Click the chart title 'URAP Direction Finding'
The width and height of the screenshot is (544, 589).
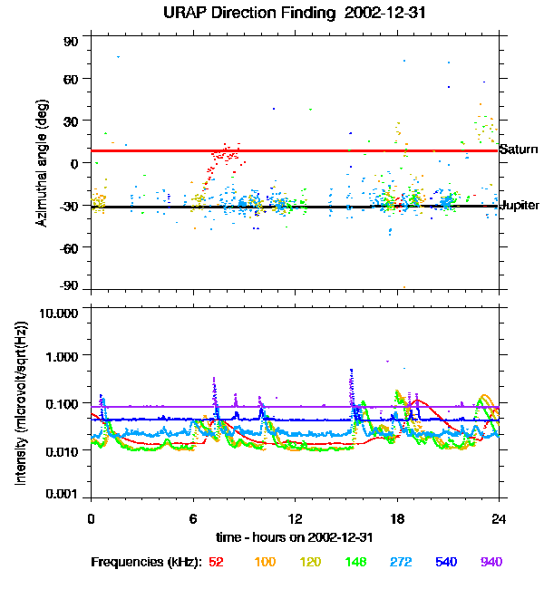pyautogui.click(x=238, y=14)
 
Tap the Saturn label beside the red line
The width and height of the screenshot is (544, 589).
pyautogui.click(x=519, y=150)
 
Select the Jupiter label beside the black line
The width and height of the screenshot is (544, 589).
pyautogui.click(x=520, y=206)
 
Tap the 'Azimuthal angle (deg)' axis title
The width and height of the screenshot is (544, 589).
pyautogui.click(x=42, y=163)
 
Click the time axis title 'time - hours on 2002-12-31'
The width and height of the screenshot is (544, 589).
pyautogui.click(x=295, y=536)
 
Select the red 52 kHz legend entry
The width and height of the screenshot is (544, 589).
pyautogui.click(x=216, y=562)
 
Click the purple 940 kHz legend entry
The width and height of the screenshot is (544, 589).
pyautogui.click(x=491, y=562)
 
